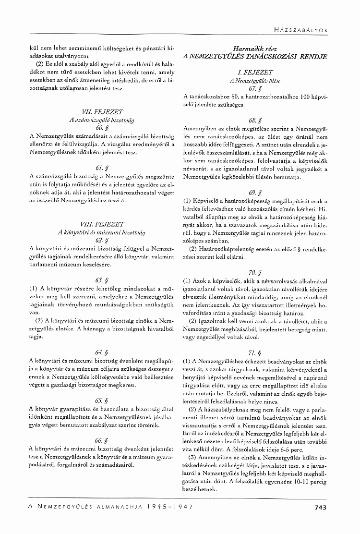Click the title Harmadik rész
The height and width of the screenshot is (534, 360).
255,49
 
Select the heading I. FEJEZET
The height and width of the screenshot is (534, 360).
255,72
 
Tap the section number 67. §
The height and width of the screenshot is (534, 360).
255,88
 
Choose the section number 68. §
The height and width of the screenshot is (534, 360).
255,120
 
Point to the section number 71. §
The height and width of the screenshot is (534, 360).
255,352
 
